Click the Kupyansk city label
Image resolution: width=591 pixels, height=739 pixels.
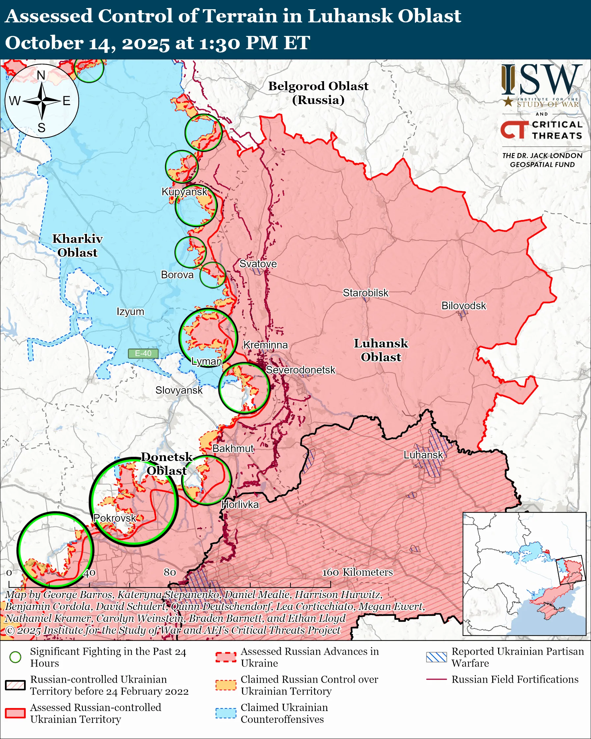pyautogui.click(x=184, y=192)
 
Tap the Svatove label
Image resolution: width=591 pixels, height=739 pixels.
pyautogui.click(x=258, y=263)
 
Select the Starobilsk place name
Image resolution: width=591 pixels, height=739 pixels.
pyautogui.click(x=365, y=293)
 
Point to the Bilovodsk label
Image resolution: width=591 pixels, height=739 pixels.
pyautogui.click(x=463, y=305)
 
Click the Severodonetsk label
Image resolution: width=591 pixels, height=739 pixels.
pyautogui.click(x=301, y=370)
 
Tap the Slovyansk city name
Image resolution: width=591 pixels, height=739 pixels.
pyautogui.click(x=179, y=390)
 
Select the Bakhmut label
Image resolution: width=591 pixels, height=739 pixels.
pyautogui.click(x=233, y=448)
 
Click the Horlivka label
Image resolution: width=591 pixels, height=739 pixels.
pyautogui.click(x=240, y=505)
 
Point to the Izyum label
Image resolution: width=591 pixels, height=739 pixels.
pyautogui.click(x=130, y=312)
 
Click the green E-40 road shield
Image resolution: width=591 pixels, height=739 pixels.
pyautogui.click(x=143, y=353)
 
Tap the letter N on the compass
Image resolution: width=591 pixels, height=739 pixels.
pyautogui.click(x=41, y=75)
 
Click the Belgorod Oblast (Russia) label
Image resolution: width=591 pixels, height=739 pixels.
pyautogui.click(x=318, y=93)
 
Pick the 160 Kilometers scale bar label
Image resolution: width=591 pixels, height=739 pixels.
pyautogui.click(x=357, y=572)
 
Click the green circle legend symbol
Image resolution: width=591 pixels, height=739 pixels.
pyautogui.click(x=15, y=657)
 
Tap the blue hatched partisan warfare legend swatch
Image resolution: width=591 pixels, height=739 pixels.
pyautogui.click(x=436, y=657)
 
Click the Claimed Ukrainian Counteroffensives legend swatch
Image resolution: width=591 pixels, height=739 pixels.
pyautogui.click(x=226, y=713)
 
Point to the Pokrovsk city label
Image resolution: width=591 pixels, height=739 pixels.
pyautogui.click(x=115, y=518)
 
